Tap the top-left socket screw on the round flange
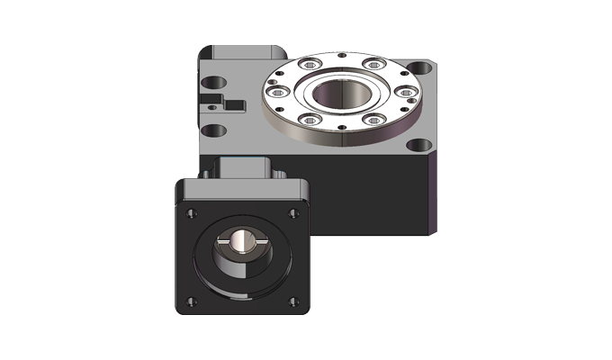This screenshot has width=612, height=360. (311, 66)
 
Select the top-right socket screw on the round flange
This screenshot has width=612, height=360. (371, 64)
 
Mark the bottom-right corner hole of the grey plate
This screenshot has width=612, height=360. (418, 144)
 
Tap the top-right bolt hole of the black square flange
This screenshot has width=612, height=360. (292, 212)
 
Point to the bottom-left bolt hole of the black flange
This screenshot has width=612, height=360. (189, 300)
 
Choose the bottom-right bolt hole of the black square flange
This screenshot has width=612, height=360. (292, 300)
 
